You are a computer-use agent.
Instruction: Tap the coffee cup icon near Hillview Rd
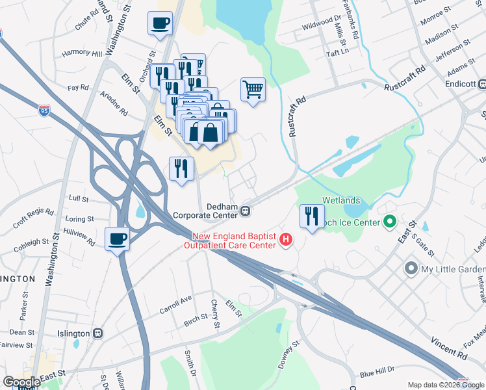(x=117, y=239)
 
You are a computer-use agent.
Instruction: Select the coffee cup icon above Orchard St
(x=160, y=24)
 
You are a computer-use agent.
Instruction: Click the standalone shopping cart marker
(x=253, y=89)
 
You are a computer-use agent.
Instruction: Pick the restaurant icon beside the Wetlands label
(x=312, y=216)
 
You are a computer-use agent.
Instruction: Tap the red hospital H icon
(x=285, y=241)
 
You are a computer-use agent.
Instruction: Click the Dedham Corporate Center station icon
(x=246, y=211)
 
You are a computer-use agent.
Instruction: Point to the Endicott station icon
(x=482, y=84)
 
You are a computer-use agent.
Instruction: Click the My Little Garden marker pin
(x=411, y=268)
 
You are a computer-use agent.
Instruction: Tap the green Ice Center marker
(x=390, y=223)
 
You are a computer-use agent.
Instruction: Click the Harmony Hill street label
(x=82, y=53)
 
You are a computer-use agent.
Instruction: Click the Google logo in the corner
(x=21, y=382)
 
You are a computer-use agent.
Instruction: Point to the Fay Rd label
(x=78, y=87)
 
